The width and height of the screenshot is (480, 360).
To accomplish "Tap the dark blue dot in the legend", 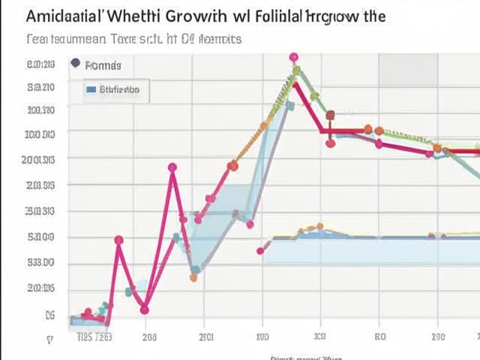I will pos(75,64).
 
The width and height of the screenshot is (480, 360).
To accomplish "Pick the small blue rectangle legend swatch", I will pos(91,90).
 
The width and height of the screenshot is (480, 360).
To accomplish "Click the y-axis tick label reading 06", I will pos(50,316).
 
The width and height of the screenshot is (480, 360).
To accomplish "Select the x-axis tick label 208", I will pos(149,337).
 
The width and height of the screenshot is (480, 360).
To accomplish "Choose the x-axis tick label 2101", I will pos(205,337).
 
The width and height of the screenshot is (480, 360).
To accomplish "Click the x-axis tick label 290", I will pos(438,337).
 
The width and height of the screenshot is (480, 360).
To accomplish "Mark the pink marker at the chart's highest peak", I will pos(293,57).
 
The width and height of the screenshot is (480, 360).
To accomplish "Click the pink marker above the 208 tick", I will pos(145,309).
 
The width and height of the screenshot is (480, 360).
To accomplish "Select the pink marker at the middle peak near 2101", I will pos(173,168).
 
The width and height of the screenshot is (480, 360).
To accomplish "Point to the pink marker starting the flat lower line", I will pos(260,250).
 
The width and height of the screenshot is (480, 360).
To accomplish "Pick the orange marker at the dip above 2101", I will pos(193,277).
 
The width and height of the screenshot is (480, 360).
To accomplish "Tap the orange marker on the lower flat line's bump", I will pos(320,226).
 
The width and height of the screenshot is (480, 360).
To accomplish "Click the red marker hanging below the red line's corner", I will pos(330,143).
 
